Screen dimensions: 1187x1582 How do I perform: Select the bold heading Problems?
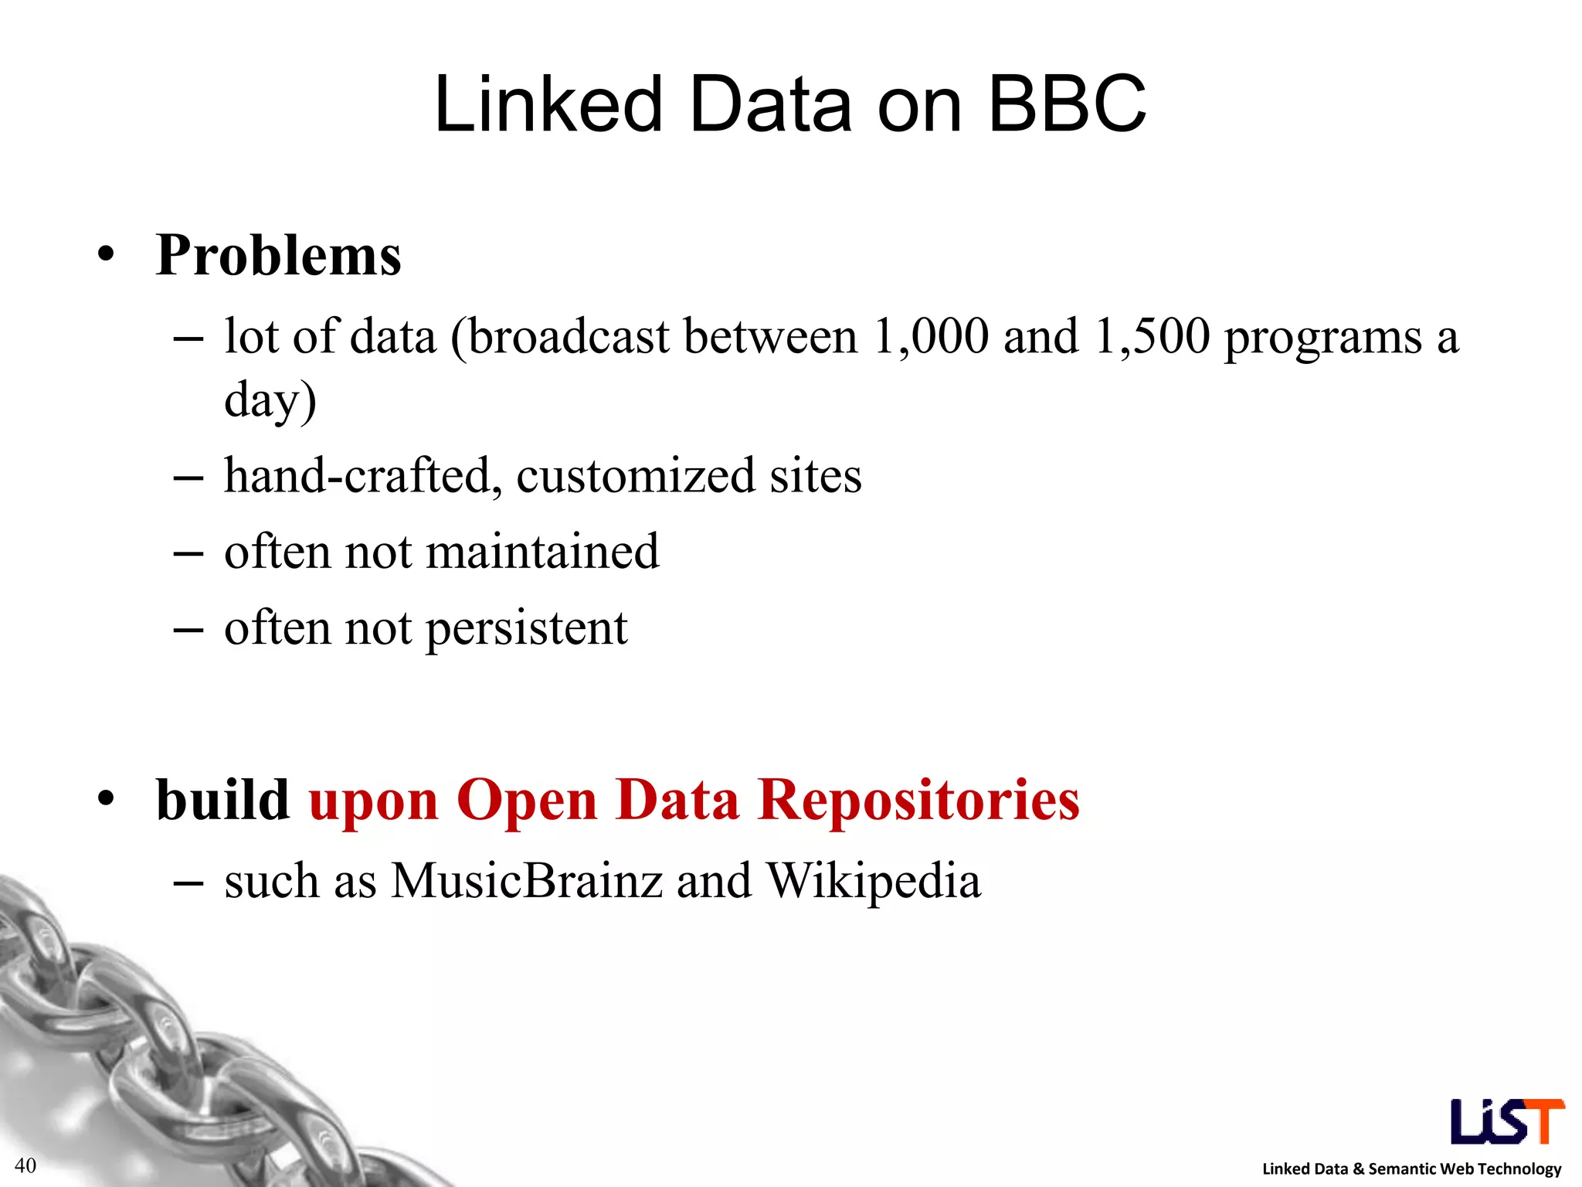(x=278, y=255)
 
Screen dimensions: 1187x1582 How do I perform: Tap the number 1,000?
(x=930, y=337)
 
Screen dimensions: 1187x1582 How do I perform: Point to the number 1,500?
(x=1152, y=337)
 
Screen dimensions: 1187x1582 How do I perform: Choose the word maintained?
(x=542, y=552)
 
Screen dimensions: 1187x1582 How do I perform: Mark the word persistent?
(x=527, y=628)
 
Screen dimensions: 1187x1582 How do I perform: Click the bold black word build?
(x=222, y=800)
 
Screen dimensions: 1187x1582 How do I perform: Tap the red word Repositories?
(x=918, y=800)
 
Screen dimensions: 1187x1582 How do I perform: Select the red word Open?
(x=527, y=800)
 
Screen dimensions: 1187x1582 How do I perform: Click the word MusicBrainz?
(x=527, y=881)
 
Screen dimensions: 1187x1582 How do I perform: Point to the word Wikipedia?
(x=874, y=881)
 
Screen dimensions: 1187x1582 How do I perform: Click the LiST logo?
(x=1507, y=1121)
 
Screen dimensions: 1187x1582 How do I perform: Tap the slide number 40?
(x=25, y=1165)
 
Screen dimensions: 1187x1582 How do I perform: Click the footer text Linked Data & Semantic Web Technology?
(x=1411, y=1168)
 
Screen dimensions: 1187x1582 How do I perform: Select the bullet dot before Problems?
(x=107, y=255)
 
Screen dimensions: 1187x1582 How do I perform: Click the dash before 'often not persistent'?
(x=188, y=629)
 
